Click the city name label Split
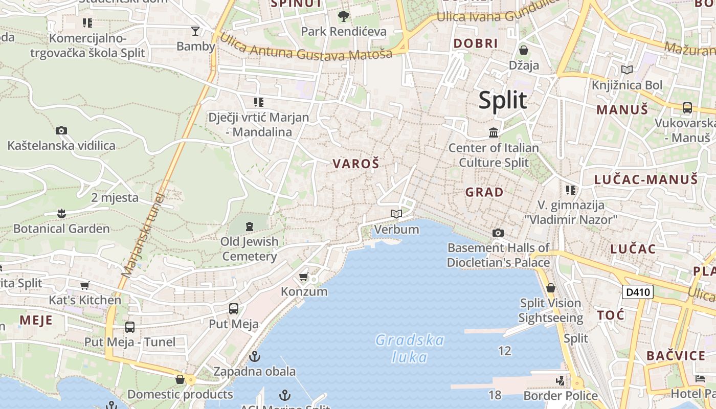(x=503, y=100)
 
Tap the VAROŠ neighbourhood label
(x=356, y=164)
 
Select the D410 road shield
(x=638, y=292)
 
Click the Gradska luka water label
(x=410, y=348)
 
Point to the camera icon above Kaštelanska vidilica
(x=61, y=131)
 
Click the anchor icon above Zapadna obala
(x=254, y=356)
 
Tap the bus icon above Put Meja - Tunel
(x=130, y=327)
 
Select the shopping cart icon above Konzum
(x=303, y=277)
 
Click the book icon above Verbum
(x=396, y=214)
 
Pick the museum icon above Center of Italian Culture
(x=494, y=133)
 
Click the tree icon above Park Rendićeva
(x=344, y=16)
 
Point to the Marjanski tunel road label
(x=144, y=235)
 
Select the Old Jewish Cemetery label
(x=250, y=248)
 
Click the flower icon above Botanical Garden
(x=61, y=213)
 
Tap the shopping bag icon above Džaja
(x=524, y=50)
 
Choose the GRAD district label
(x=484, y=193)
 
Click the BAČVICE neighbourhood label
(x=676, y=356)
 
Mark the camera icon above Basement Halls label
(x=498, y=233)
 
